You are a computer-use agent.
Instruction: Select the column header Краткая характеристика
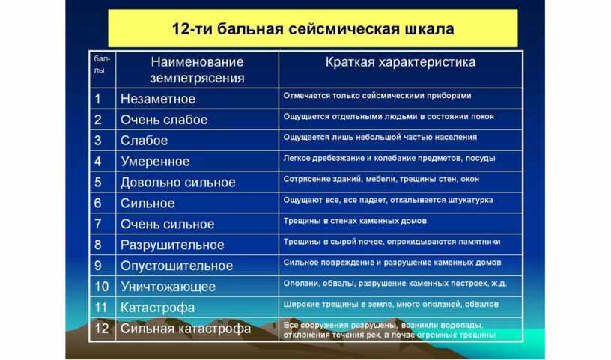click(401, 62)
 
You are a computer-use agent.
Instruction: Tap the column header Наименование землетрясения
click(197, 70)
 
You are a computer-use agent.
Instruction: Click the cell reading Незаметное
click(158, 99)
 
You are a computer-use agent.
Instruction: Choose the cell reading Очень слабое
click(164, 120)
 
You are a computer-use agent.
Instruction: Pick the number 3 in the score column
click(98, 141)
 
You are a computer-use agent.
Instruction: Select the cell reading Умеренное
click(155, 162)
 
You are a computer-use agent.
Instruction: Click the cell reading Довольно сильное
click(178, 183)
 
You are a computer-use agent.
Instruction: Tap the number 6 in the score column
click(98, 204)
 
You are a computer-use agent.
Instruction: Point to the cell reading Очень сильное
click(168, 224)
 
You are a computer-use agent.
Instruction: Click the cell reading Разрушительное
click(172, 245)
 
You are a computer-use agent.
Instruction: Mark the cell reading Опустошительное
click(177, 266)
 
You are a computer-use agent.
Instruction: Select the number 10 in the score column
click(102, 287)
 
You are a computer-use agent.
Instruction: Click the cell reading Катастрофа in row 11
click(157, 308)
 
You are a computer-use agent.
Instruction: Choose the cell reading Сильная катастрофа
click(186, 329)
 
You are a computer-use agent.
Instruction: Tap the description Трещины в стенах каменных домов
click(355, 221)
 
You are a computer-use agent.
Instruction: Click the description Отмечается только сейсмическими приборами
click(377, 96)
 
